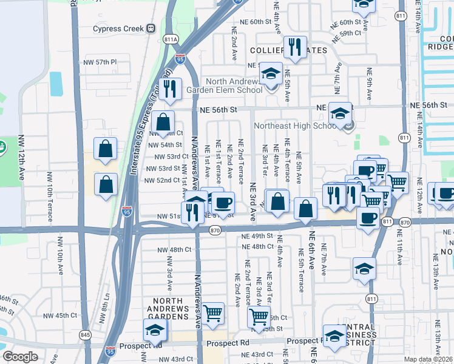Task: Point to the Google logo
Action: point(20,357)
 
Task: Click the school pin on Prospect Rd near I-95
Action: point(155,330)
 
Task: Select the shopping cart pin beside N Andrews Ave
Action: point(213,313)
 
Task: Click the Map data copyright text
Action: point(428,359)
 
